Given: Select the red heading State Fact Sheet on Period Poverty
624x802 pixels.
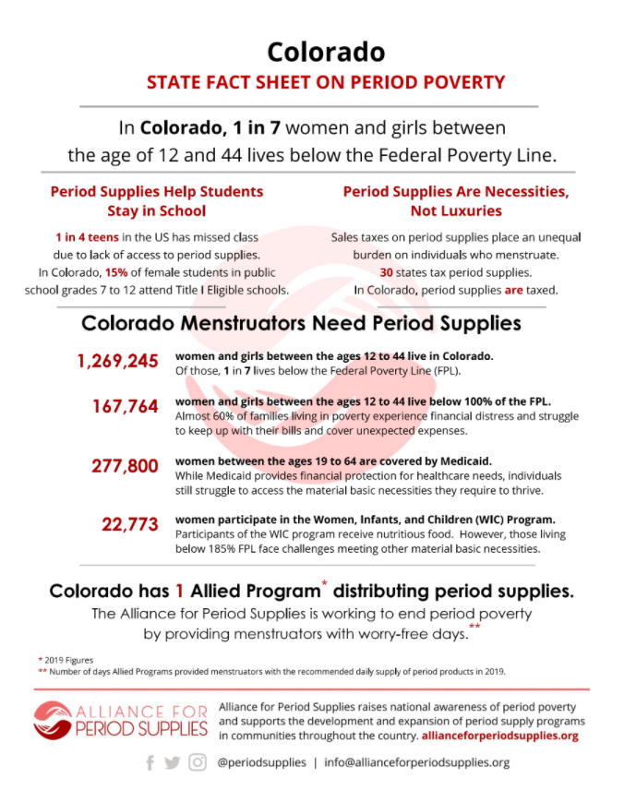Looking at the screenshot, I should pos(326,82).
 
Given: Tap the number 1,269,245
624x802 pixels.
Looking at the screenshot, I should pos(118,361).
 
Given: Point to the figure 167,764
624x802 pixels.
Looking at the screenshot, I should pos(125,406).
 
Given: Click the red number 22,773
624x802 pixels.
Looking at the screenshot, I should pos(130,524).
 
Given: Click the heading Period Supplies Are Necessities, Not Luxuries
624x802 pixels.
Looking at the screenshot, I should pos(455,201).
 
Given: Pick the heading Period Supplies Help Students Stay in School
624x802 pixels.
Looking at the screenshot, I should pos(157,201).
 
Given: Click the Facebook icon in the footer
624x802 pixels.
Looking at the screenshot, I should pos(150,762).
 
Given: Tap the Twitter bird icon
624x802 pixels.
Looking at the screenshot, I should pos(173,762).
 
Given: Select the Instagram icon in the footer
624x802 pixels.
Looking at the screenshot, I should pos(198,762).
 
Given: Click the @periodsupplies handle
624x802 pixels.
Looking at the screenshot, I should pos(259,763).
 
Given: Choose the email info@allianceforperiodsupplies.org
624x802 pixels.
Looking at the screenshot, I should pos(415,763).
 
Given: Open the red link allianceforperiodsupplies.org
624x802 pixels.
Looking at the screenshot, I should pos(499,736).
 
